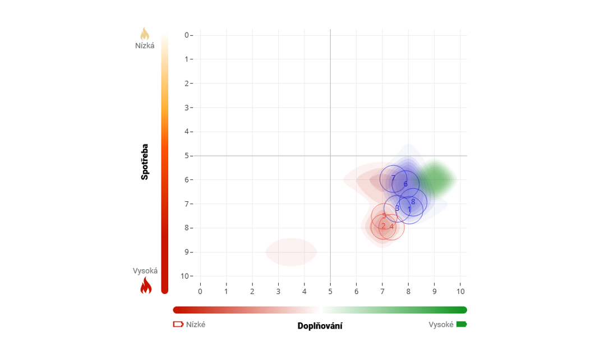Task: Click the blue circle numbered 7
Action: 393,179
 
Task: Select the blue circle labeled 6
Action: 405,184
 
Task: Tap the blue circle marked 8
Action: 413,202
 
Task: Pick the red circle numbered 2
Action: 383,227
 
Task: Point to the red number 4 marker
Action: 392,227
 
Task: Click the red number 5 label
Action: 384,216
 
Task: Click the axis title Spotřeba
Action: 145,161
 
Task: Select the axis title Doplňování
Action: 320,326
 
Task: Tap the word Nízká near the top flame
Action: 145,45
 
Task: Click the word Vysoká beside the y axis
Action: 145,271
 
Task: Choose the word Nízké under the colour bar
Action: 196,324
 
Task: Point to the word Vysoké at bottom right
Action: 441,324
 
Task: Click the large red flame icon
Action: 146,285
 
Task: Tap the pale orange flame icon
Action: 145,34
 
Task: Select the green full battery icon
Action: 461,324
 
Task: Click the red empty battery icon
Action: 178,324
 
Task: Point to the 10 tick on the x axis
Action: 460,292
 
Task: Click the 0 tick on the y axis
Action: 187,35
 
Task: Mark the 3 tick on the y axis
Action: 187,108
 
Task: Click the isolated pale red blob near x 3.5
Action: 291,252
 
